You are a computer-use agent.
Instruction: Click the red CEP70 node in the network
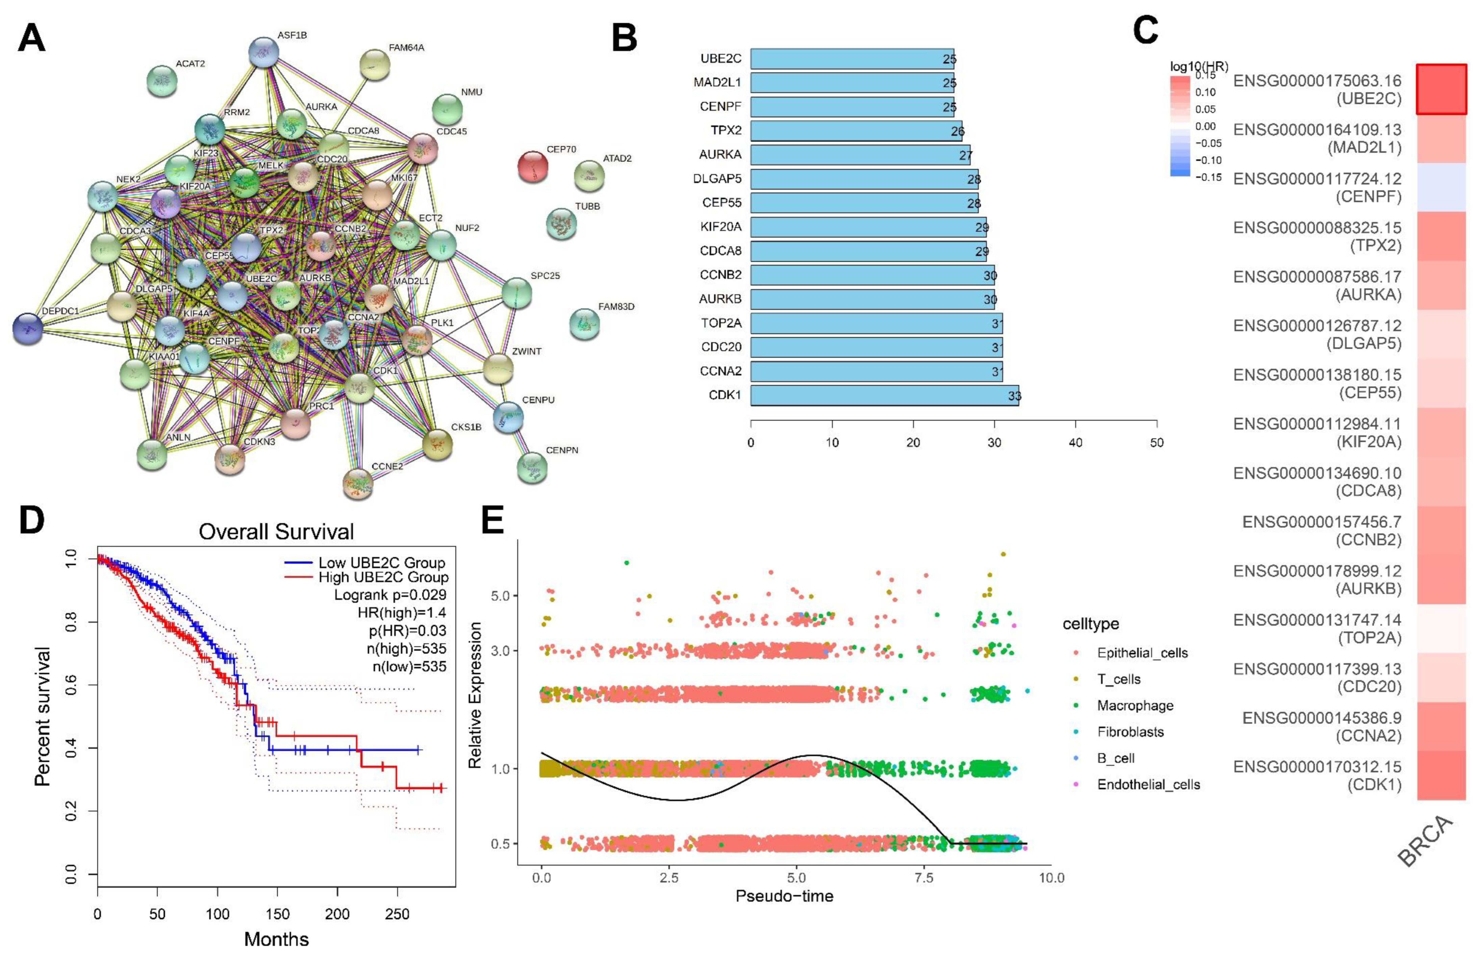(532, 167)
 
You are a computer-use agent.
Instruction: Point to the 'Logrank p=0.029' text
(390, 594)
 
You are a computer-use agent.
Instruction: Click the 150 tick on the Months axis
(278, 914)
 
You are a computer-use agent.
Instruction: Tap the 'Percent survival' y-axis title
(42, 716)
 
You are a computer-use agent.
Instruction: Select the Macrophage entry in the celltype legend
(1134, 706)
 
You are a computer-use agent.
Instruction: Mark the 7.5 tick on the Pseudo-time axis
(924, 878)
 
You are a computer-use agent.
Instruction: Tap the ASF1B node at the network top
(263, 52)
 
